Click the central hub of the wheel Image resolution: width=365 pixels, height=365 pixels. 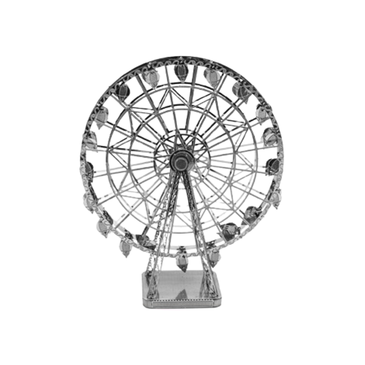180,162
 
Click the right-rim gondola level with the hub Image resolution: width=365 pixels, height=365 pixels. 273,164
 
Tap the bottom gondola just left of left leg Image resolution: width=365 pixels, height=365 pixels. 125,248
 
